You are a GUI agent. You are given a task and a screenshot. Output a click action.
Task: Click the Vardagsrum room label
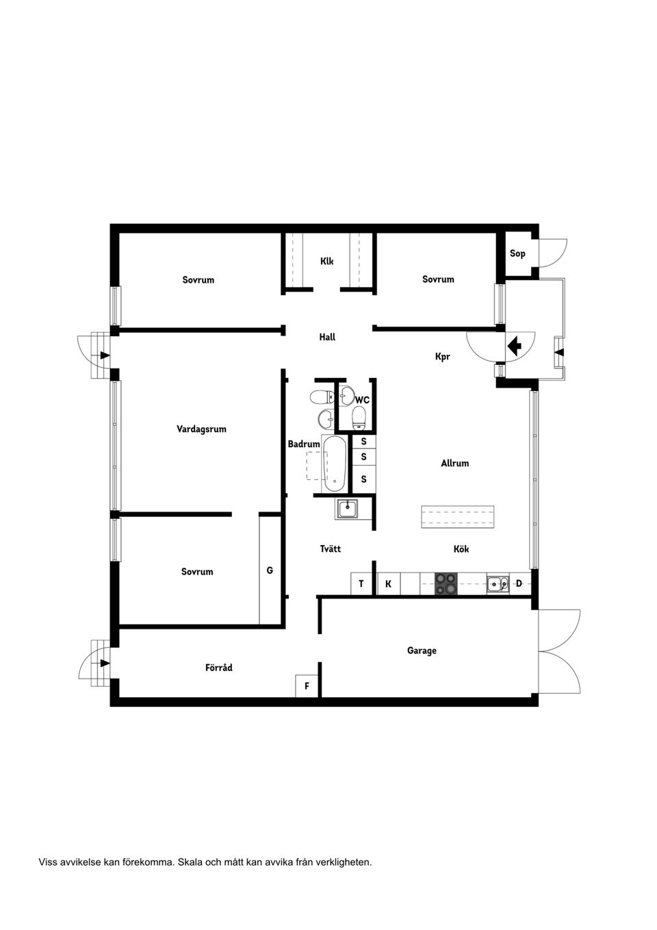coord(201,429)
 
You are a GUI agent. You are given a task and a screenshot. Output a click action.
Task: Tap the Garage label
coord(422,651)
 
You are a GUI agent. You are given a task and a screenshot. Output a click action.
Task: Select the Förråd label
coord(219,668)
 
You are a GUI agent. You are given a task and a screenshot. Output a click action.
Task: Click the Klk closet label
coord(327,262)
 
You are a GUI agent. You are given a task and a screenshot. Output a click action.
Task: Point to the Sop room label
coord(517,254)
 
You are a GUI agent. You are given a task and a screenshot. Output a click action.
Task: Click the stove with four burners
coord(446,584)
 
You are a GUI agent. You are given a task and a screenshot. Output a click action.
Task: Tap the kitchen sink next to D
coord(498,584)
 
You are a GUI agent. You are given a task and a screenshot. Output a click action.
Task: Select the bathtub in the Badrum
coord(335,464)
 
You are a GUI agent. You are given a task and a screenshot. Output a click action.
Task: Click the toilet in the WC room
coord(359,416)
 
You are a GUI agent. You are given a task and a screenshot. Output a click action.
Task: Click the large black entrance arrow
coord(514,345)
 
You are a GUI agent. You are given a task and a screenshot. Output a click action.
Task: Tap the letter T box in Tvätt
coord(361,584)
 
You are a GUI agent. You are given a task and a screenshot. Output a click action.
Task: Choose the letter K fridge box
coord(388,584)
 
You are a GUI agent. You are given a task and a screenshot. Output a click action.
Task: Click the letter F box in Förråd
coord(307,686)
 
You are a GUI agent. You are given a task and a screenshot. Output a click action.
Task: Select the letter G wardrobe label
coord(270,570)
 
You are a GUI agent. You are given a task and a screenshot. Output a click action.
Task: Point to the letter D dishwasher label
coord(519,583)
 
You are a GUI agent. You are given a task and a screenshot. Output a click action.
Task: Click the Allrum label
coord(455,464)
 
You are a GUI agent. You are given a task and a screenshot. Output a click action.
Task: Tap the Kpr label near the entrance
coord(443,357)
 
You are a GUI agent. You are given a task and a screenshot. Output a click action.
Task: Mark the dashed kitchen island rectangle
coord(457,517)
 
